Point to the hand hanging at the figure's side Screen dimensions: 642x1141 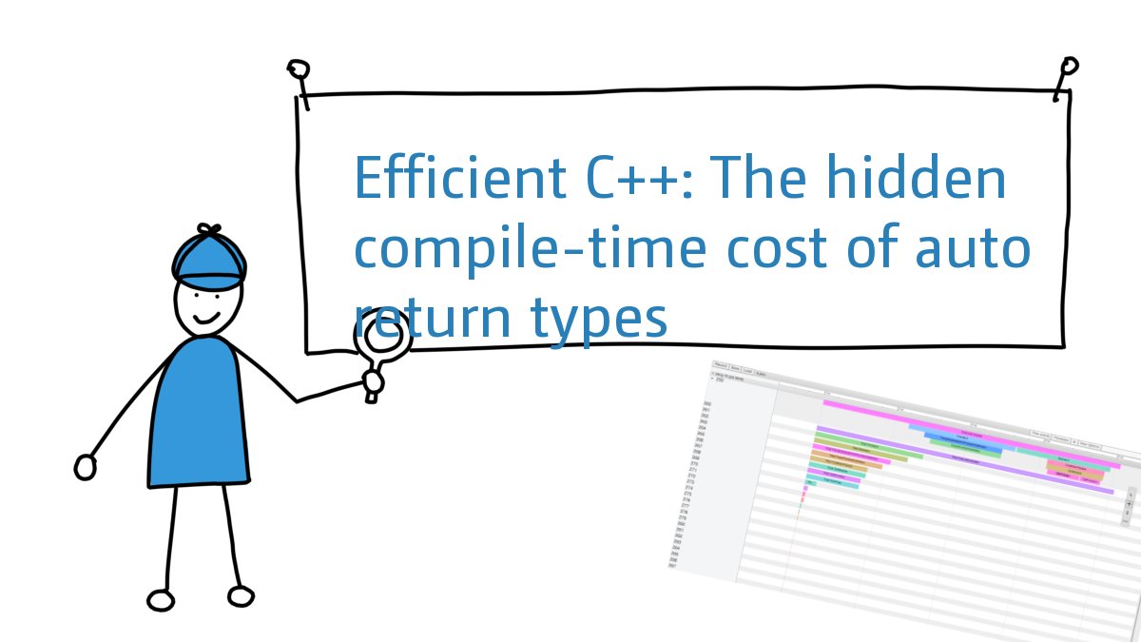tap(86, 467)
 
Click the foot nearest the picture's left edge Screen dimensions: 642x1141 tap(162, 600)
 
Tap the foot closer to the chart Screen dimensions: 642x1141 tap(242, 596)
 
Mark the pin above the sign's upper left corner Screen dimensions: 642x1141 tap(299, 72)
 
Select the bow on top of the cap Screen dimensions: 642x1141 tap(209, 231)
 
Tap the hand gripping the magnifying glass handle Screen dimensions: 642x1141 tap(373, 382)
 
